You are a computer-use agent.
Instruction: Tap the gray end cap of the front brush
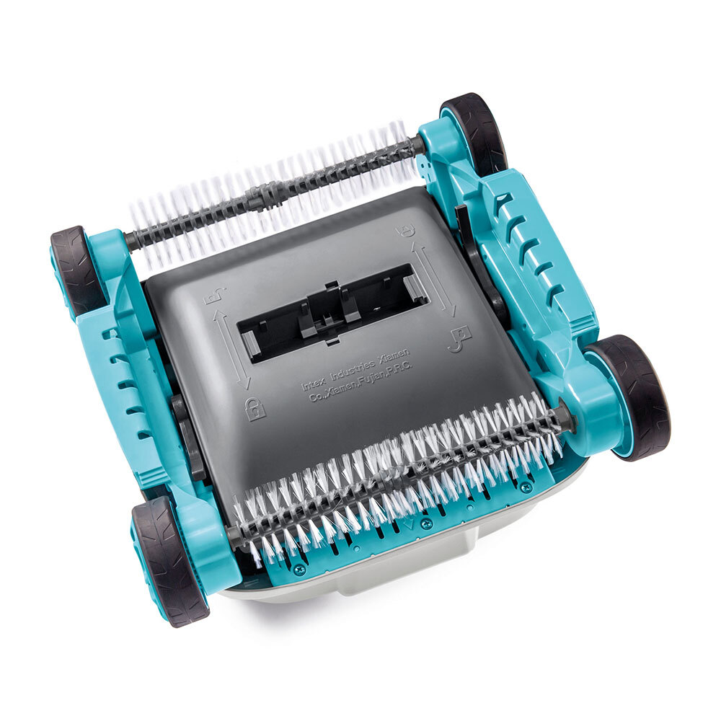pyautogui.click(x=564, y=417)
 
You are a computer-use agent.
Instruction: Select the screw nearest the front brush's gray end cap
pyautogui.click(x=528, y=487)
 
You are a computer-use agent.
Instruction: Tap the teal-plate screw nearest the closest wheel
pyautogui.click(x=298, y=569)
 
